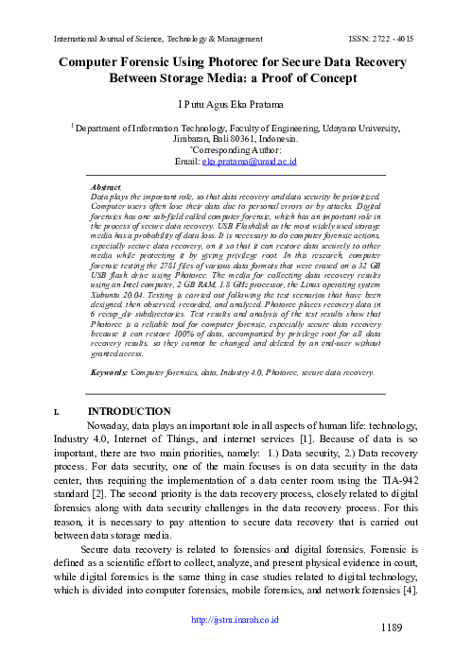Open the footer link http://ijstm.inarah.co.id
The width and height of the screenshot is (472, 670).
(236, 647)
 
